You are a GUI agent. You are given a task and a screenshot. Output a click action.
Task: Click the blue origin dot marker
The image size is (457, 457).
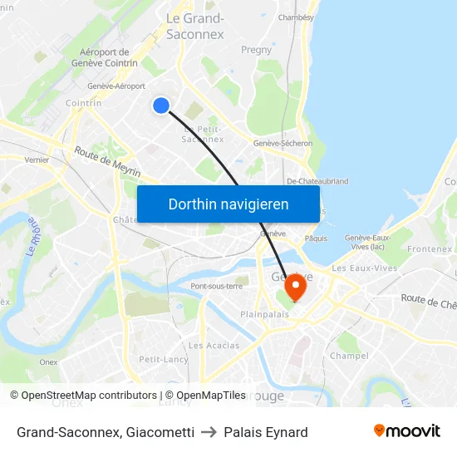161,105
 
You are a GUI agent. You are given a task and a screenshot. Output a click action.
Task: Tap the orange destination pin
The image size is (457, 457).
295,287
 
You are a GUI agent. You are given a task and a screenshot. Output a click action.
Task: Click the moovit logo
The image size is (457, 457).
406,431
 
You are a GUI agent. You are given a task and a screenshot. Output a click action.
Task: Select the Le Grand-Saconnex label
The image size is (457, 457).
195,27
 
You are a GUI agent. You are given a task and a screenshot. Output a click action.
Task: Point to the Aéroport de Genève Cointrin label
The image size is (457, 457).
105,57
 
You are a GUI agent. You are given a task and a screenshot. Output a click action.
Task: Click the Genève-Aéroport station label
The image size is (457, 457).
116,86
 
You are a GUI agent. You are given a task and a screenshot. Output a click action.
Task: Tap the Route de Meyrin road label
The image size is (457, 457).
107,162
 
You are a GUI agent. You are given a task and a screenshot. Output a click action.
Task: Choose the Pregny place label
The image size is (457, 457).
256,50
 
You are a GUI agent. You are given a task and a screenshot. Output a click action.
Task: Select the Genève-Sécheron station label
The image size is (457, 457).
283,143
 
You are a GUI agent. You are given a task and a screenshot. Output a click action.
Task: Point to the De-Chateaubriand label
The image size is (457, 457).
317,180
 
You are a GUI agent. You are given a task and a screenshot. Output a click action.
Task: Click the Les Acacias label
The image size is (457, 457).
214,346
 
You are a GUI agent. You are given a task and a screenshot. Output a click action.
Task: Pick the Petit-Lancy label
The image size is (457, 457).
163,360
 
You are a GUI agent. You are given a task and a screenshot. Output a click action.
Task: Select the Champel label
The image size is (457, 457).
349,356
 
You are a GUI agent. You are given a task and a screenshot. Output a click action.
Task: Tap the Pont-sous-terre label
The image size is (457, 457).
216,286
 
